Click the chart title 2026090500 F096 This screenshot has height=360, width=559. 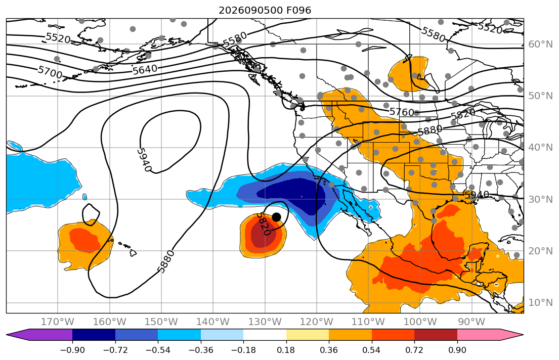click(x=265, y=10)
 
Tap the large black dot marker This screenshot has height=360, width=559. click(x=276, y=217)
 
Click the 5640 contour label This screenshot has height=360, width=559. click(x=145, y=69)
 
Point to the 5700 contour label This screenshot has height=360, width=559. click(x=50, y=72)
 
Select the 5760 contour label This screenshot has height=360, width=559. click(x=402, y=112)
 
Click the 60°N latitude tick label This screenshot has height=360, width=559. click(x=540, y=44)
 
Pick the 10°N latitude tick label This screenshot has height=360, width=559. click(x=540, y=303)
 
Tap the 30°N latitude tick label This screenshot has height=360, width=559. click(x=540, y=199)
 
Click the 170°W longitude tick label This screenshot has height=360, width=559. click(x=58, y=322)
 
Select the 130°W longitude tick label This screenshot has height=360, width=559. click(x=265, y=322)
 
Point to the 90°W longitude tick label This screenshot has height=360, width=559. click(x=471, y=322)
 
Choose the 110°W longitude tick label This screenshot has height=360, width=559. click(x=368, y=322)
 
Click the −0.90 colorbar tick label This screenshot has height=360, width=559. click(x=72, y=350)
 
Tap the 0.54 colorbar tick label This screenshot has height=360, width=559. click(x=371, y=350)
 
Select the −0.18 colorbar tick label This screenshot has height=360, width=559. click(x=243, y=350)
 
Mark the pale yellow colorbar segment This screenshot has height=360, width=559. click(x=307, y=335)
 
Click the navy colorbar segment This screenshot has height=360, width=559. click(x=94, y=335)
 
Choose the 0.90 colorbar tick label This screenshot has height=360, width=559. click(x=457, y=350)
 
